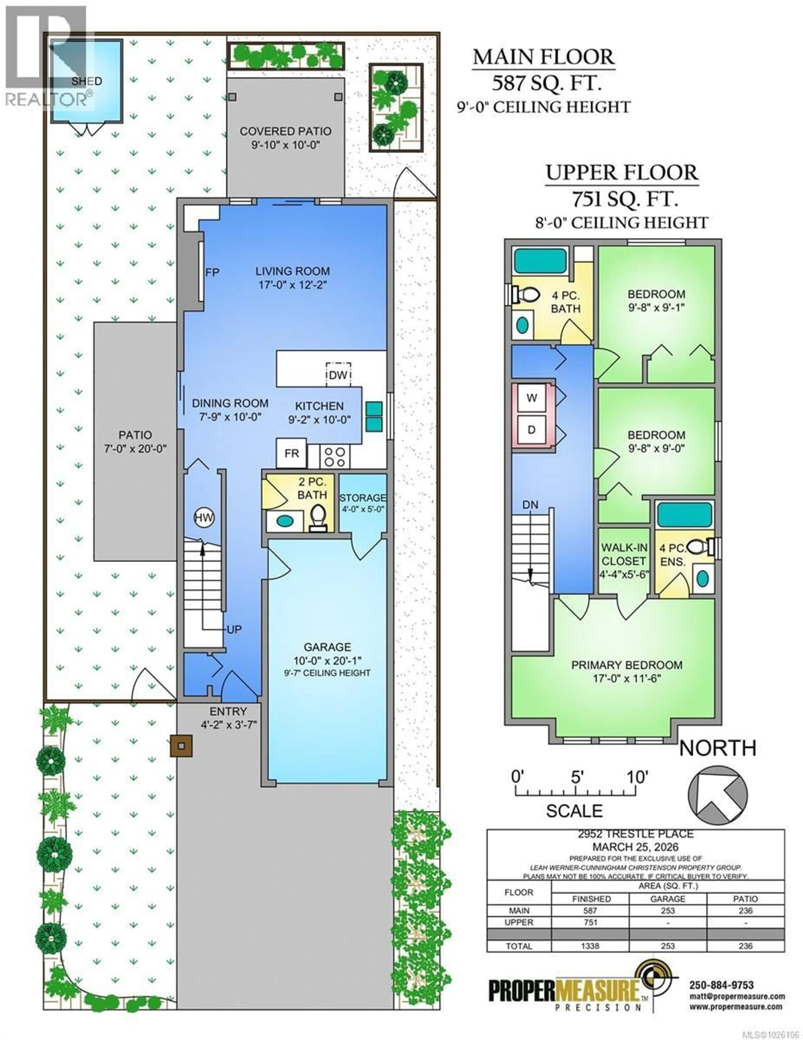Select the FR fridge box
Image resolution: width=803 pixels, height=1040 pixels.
(291, 453)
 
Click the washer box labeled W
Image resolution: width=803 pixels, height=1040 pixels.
(532, 398)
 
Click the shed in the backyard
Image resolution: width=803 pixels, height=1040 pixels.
(87, 81)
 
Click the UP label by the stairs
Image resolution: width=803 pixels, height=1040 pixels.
(234, 630)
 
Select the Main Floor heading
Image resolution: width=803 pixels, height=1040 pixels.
(543, 57)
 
